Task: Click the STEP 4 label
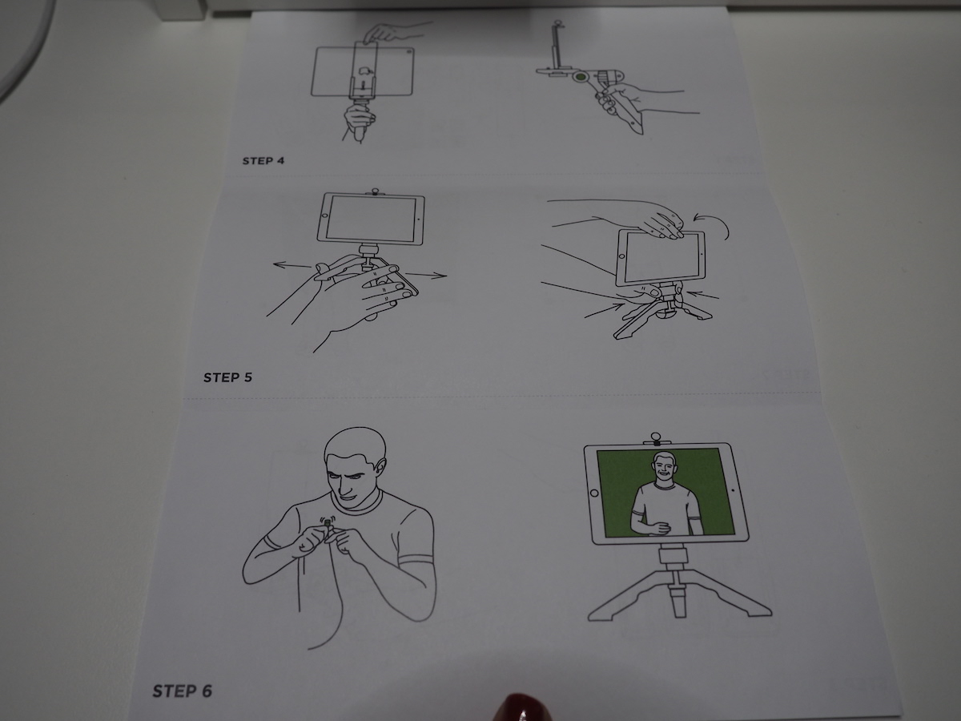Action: point(263,161)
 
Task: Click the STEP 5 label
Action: point(227,378)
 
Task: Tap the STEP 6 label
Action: point(182,691)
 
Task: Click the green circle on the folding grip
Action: point(581,78)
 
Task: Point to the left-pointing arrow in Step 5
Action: point(292,264)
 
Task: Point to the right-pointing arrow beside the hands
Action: point(425,275)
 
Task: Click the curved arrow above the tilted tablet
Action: point(714,224)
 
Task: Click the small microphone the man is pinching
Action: point(327,522)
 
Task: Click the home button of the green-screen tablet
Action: point(594,493)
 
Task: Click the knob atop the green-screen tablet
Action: point(657,438)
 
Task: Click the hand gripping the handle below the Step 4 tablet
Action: point(360,119)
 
